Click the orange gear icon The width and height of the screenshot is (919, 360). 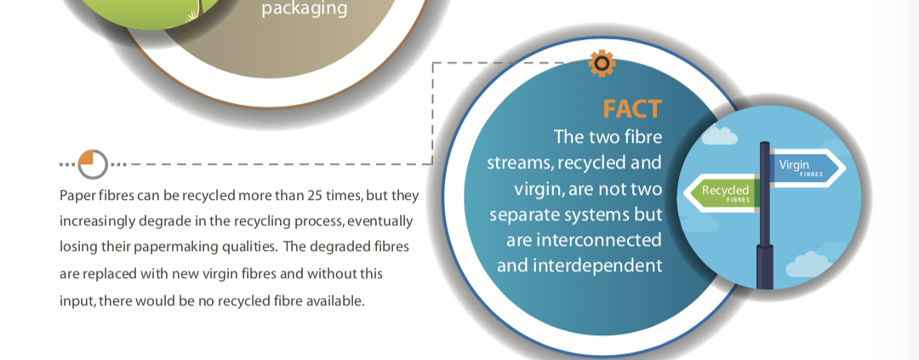point(602,63)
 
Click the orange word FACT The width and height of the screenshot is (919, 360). point(632,109)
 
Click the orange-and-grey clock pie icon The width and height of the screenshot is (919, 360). point(94,164)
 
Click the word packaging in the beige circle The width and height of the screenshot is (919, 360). point(304,9)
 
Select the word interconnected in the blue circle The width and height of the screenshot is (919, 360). point(584,240)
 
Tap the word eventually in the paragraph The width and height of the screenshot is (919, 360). point(383,222)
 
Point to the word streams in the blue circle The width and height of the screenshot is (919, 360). point(519,163)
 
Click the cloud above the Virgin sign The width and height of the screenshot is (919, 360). point(719,136)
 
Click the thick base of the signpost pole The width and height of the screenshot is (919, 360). point(765,266)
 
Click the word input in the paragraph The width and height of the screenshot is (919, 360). point(77,301)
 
